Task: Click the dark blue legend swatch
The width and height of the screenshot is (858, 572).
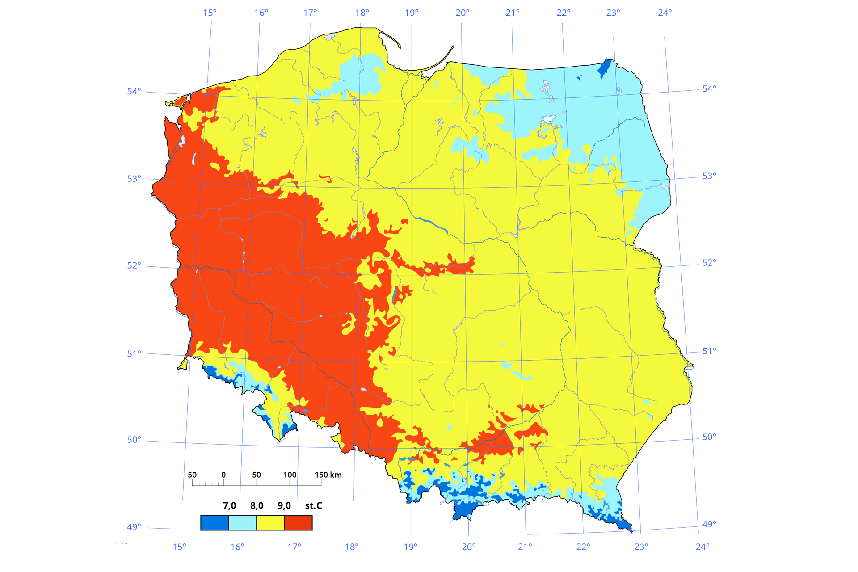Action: pyautogui.click(x=214, y=522)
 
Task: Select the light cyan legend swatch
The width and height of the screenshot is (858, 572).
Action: pyautogui.click(x=243, y=522)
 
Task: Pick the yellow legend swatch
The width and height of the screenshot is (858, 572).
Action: pyautogui.click(x=270, y=522)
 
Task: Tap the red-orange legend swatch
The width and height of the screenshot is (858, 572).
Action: pyautogui.click(x=298, y=522)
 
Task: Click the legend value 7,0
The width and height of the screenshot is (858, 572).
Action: pyautogui.click(x=229, y=505)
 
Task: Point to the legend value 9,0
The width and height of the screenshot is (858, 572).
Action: pyautogui.click(x=284, y=505)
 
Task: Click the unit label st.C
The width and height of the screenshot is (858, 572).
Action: pyautogui.click(x=313, y=505)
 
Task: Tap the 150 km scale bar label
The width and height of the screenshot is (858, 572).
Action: pyautogui.click(x=328, y=475)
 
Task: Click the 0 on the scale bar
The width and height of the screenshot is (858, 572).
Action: pyautogui.click(x=223, y=475)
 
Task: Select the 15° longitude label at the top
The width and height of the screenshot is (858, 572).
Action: pyautogui.click(x=210, y=13)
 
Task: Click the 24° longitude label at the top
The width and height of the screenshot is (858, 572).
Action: pyautogui.click(x=665, y=13)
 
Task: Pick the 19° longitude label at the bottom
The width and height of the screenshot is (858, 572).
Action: pyautogui.click(x=411, y=546)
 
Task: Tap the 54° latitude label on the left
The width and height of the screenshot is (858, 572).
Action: pyautogui.click(x=134, y=91)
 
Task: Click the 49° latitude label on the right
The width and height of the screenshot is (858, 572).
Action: pyautogui.click(x=709, y=523)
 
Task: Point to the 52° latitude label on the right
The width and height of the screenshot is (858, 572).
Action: pyautogui.click(x=709, y=262)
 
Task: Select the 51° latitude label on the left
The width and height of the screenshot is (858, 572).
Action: pyautogui.click(x=134, y=353)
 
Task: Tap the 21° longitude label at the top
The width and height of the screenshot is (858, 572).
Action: pyautogui.click(x=513, y=13)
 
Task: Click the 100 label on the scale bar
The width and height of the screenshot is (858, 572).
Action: pyautogui.click(x=290, y=475)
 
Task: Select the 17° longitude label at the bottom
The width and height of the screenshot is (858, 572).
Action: pyautogui.click(x=294, y=546)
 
